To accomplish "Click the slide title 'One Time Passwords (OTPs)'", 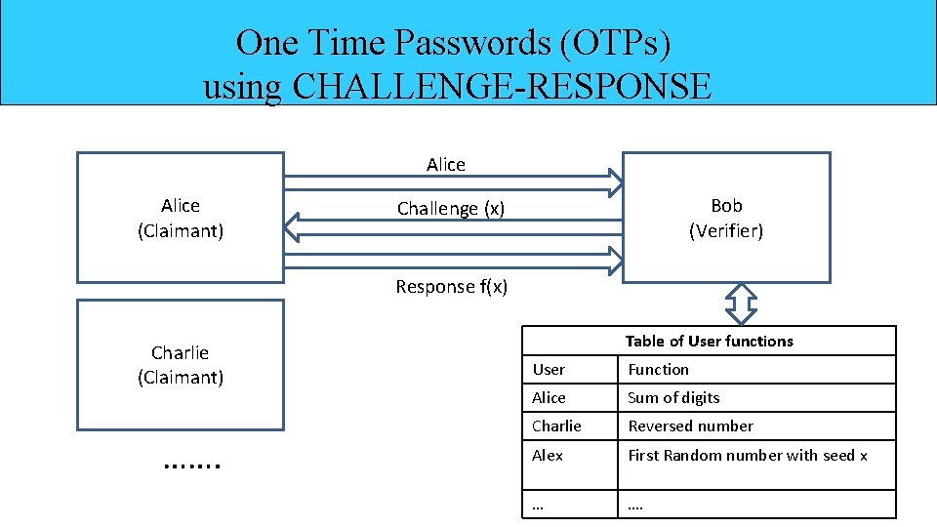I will coord(453,43).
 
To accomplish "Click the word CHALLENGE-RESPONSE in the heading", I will coord(502,87).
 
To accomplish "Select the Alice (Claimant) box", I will coord(181,218).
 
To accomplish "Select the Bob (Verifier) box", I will coord(726,218).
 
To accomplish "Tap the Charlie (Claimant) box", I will coord(181,365).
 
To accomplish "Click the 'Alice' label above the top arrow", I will coord(446,165).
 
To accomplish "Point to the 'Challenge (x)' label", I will coord(451,208).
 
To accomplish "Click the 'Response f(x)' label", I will coord(451,286).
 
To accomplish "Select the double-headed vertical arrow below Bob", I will coord(743,304).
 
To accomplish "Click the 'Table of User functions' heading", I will coord(709,341).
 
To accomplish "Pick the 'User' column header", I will coord(549,369).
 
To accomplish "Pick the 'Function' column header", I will coord(658,369).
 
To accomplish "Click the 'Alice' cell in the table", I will coord(549,397).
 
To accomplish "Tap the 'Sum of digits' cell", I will coord(673,397).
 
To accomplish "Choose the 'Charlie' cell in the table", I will coord(556,426).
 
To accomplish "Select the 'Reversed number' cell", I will coord(690,426).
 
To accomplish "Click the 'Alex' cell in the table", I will coord(548,455).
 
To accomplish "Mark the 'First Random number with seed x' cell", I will coord(748,455).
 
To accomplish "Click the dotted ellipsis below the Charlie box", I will coord(192,465).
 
